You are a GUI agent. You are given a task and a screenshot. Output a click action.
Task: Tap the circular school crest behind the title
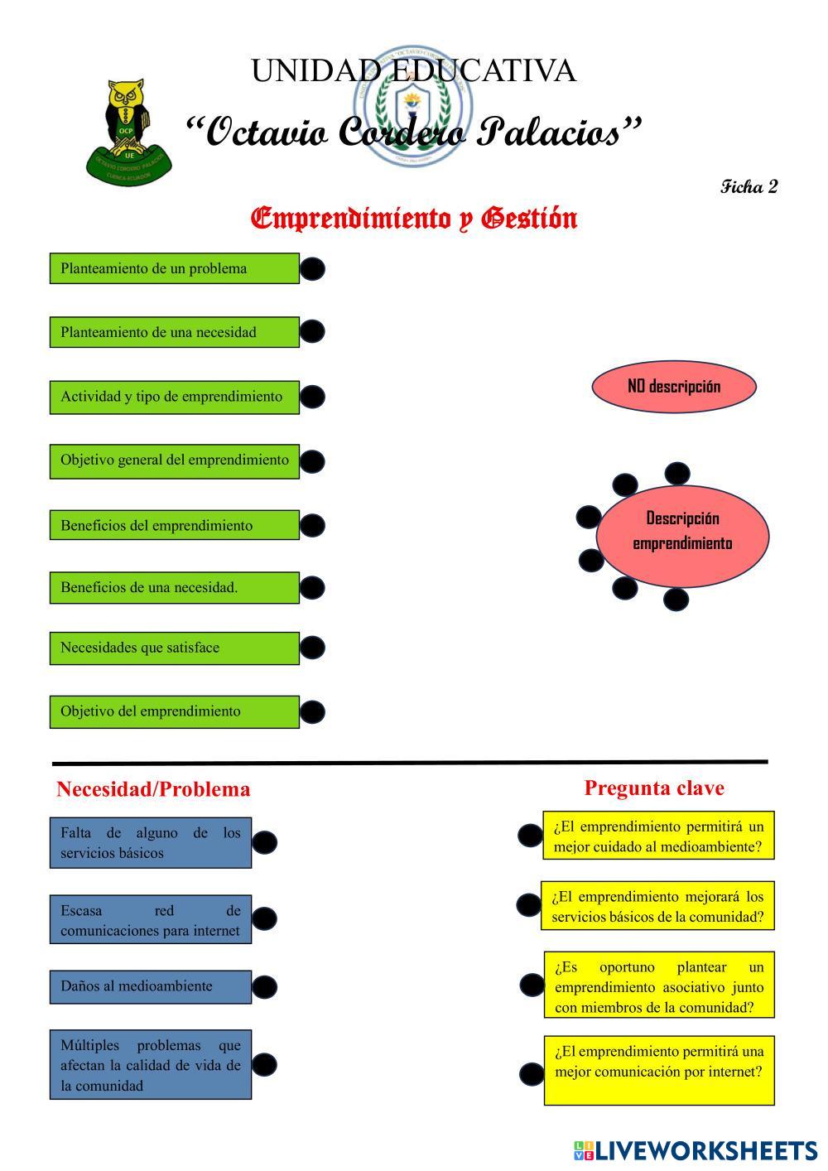413,105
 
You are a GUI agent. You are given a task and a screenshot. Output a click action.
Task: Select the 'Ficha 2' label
749,186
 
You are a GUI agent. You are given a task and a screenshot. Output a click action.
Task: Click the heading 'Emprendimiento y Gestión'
414,219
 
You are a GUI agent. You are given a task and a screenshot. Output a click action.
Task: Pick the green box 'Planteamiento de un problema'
174,268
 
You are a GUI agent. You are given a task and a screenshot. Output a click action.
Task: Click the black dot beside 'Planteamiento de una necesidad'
312,331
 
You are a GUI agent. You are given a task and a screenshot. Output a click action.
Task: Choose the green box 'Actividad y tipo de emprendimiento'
174,397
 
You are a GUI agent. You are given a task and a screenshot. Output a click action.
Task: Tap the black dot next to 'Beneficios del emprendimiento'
312,525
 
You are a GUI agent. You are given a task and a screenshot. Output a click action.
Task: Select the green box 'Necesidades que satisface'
174,648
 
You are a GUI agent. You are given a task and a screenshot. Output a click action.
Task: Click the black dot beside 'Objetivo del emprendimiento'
312,711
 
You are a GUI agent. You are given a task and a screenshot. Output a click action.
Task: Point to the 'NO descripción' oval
674,386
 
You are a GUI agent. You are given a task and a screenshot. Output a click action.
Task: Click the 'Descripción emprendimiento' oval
682,531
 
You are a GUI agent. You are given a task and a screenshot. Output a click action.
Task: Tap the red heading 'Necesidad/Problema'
153,789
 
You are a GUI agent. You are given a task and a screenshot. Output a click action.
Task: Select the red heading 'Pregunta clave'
654,788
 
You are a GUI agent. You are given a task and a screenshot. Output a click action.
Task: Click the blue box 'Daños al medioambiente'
150,986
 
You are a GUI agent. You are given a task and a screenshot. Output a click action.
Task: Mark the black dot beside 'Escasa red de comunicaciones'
264,918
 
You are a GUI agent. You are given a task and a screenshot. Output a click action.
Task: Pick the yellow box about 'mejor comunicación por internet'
659,1069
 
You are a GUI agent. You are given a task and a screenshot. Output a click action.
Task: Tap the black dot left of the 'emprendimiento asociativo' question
532,985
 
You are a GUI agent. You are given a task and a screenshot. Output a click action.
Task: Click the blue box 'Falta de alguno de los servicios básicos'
150,842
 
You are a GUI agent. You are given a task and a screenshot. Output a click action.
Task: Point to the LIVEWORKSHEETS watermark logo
695,1150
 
